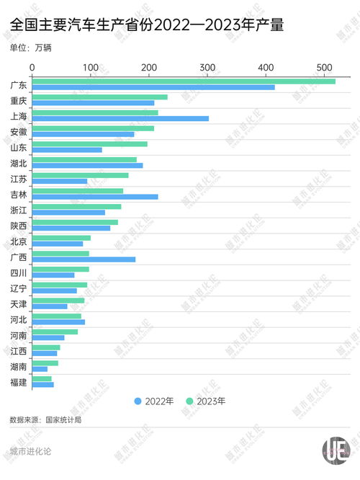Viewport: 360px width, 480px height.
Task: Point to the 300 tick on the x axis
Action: pos(208,68)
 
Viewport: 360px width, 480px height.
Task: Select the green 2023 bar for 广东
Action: pos(184,81)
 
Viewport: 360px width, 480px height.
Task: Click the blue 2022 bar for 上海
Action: pos(120,118)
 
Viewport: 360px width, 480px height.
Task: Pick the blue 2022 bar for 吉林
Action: pos(95,197)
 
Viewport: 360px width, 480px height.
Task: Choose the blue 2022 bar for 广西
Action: pos(84,259)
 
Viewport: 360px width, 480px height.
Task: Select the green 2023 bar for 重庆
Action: pos(100,97)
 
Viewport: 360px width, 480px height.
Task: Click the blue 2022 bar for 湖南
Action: pos(40,369)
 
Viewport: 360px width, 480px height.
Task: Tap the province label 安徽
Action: pos(19,132)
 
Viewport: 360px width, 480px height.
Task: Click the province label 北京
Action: pos(19,241)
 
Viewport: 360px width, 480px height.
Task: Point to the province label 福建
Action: pos(19,382)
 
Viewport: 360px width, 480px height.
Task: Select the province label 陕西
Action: pos(19,226)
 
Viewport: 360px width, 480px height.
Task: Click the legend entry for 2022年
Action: pos(153,401)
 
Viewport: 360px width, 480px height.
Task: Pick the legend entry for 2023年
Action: pos(206,401)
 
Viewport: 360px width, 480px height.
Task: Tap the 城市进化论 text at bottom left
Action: pos(30,452)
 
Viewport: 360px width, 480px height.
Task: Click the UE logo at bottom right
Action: pos(336,450)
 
